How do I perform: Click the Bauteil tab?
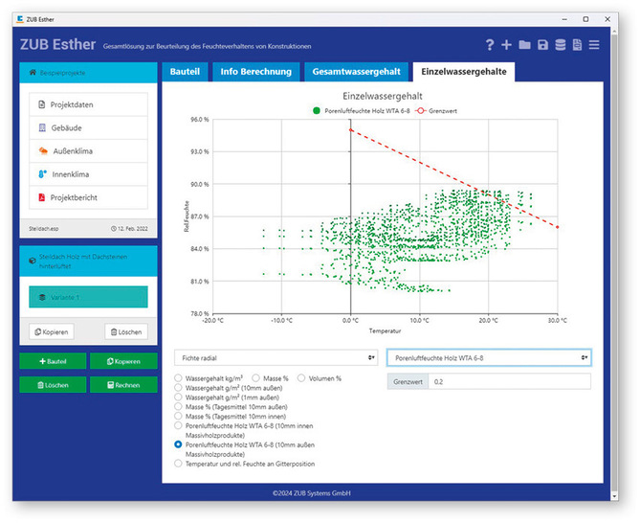coord(184,72)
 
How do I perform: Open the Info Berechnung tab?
coord(254,72)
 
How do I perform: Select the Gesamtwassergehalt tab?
coord(357,72)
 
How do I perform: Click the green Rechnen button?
coord(123,384)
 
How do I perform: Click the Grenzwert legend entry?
coord(436,111)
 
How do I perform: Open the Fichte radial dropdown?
coord(276,357)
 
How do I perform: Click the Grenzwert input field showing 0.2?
coord(509,381)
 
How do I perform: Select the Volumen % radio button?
coord(303,378)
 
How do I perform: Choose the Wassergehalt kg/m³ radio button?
coord(179,378)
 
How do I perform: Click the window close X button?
coord(613,18)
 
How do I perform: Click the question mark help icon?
coord(490,45)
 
